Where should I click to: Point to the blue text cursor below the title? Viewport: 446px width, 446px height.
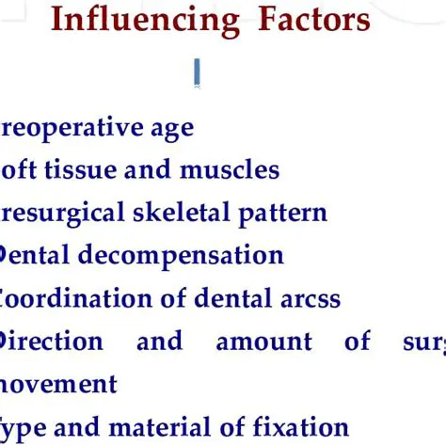(197, 73)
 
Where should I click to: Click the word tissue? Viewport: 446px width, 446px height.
(79, 170)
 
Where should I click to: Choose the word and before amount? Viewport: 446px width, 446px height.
(159, 341)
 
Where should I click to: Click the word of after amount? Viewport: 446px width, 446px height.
(358, 341)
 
